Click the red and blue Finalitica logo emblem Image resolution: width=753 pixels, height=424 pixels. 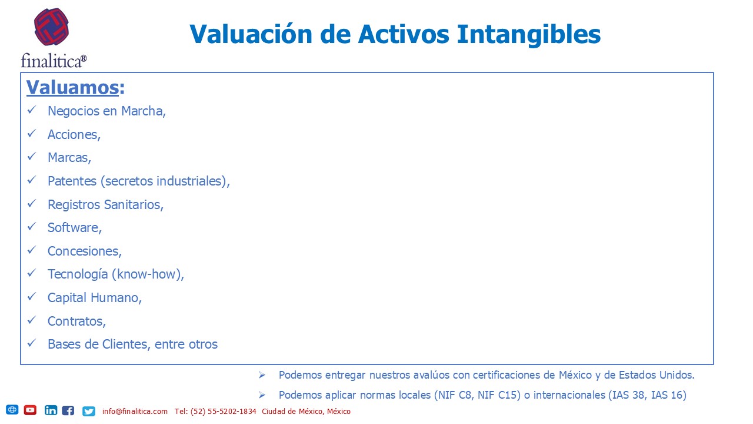point(51,27)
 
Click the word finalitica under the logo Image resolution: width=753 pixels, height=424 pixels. point(51,61)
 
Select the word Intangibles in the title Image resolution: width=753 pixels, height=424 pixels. point(528,35)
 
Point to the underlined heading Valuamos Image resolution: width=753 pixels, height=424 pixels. point(72,88)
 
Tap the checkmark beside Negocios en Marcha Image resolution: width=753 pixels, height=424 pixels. point(32,110)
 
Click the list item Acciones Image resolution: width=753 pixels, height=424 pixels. point(74,135)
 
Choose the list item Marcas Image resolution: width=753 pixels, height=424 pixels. point(69,157)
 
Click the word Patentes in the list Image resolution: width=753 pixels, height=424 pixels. point(72,181)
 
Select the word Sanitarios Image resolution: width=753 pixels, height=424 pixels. point(134,204)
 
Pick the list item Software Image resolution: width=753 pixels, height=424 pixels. point(74,228)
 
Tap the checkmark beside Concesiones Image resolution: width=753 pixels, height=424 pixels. point(32,250)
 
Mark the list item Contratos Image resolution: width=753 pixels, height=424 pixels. point(76,322)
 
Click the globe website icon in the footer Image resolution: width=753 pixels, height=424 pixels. point(12,409)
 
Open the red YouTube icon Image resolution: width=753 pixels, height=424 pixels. point(30,410)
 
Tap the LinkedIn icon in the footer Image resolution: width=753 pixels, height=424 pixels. point(51,410)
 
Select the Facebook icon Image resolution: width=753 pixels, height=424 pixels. point(68,410)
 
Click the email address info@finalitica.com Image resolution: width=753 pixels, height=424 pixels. point(135,411)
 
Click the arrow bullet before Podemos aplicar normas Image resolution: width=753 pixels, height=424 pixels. point(262,395)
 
